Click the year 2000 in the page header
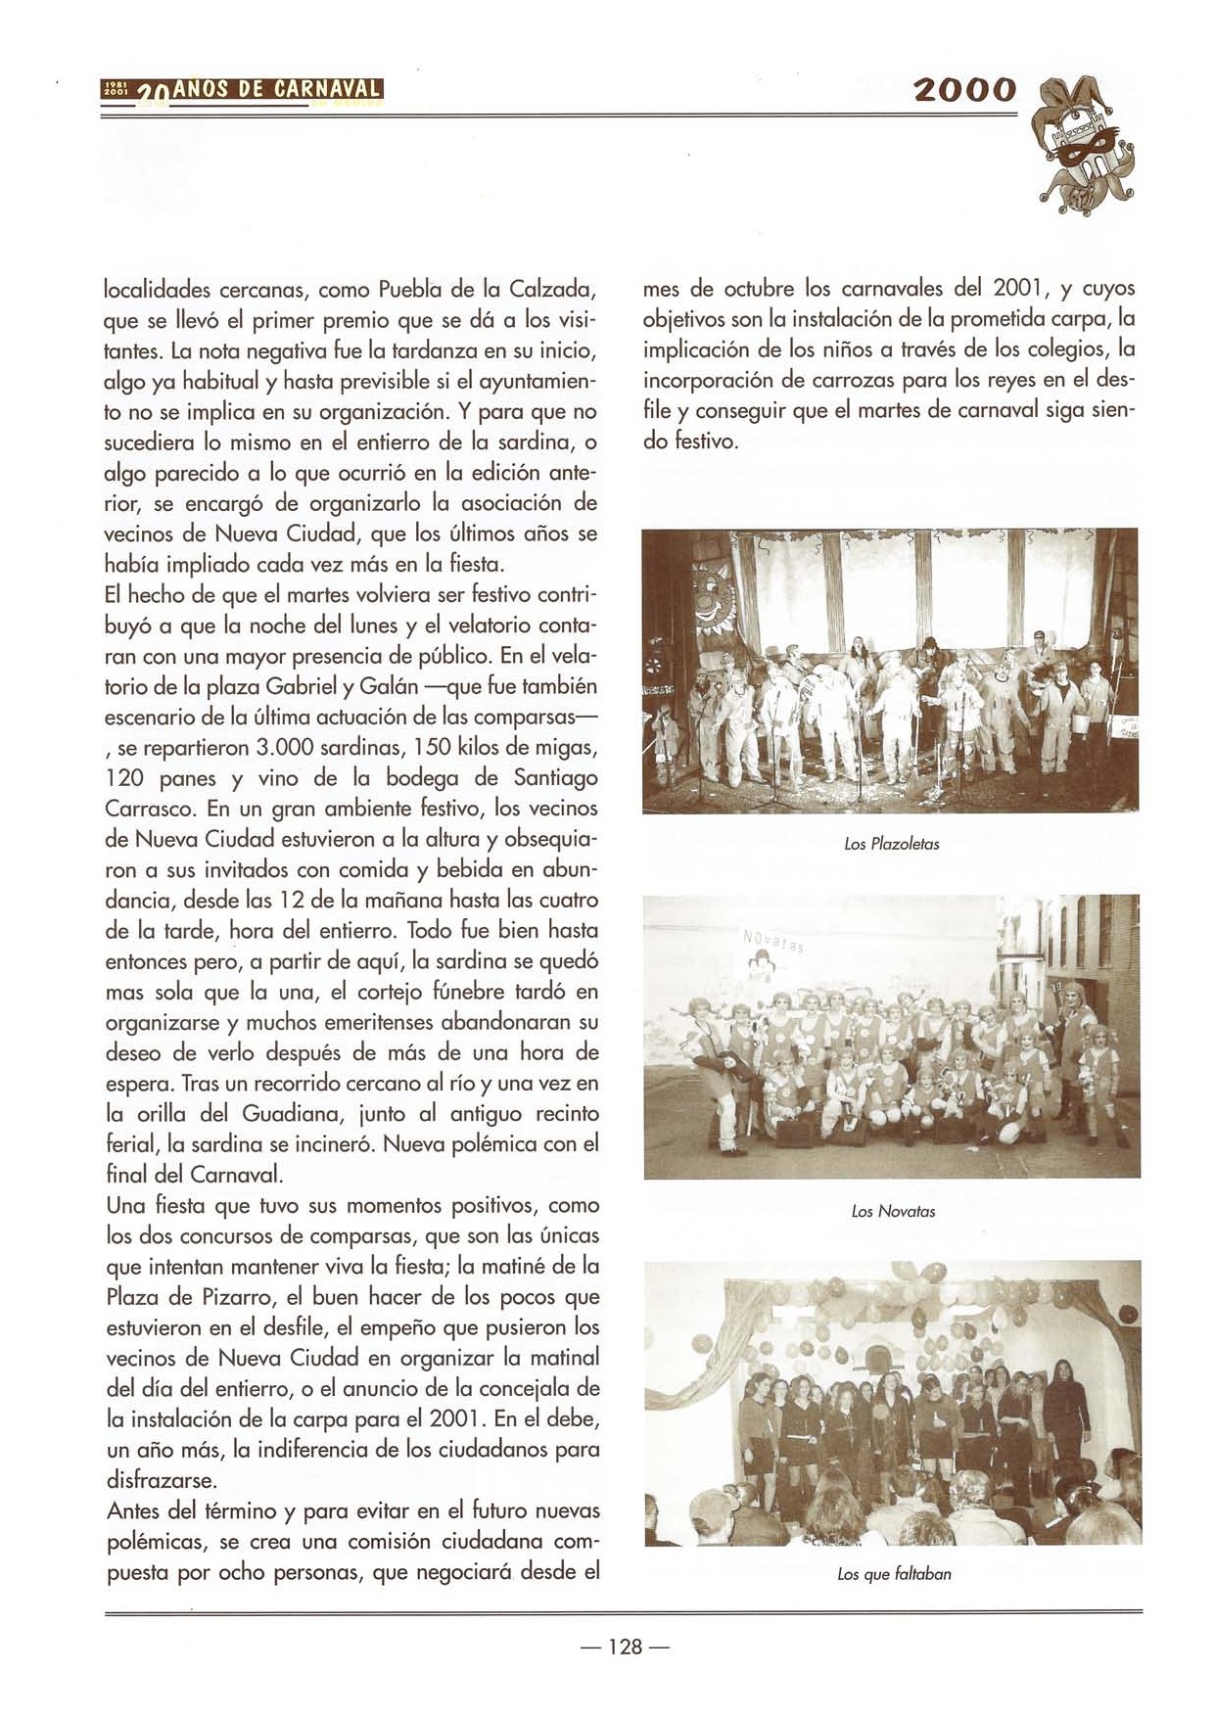[x=963, y=90]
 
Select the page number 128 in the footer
[x=625, y=1647]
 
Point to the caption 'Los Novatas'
[x=893, y=1211]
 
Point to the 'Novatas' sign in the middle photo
[x=772, y=945]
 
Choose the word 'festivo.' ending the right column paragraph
[x=697, y=441]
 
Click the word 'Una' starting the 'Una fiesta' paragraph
[x=125, y=1205]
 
